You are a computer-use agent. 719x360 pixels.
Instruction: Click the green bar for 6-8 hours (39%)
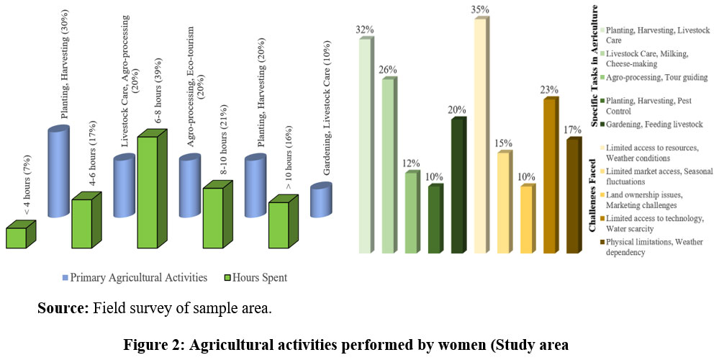[x=147, y=193]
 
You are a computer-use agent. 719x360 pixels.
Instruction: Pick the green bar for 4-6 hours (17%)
[x=81, y=224]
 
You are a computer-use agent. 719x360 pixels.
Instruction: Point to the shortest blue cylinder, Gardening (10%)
[x=320, y=201]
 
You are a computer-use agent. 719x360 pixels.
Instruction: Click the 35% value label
[x=481, y=9]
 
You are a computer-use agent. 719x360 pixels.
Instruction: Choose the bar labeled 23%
[x=549, y=176]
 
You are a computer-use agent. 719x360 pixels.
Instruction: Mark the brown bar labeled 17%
[x=572, y=196]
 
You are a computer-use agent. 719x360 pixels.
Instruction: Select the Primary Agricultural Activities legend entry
[x=129, y=276]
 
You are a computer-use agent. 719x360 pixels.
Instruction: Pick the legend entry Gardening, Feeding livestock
[x=653, y=125]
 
